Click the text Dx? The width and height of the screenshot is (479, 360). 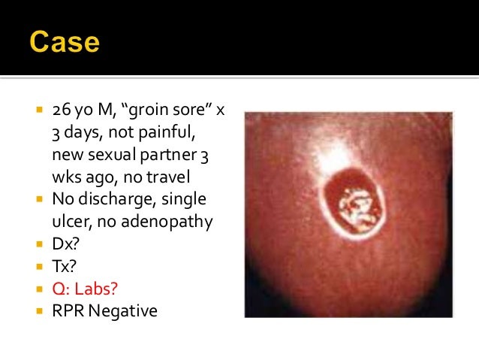click(65, 244)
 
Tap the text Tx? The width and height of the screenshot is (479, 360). click(63, 266)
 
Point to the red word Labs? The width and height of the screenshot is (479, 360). click(103, 288)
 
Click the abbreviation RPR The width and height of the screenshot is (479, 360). click(68, 310)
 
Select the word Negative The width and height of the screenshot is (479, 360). click(124, 310)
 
